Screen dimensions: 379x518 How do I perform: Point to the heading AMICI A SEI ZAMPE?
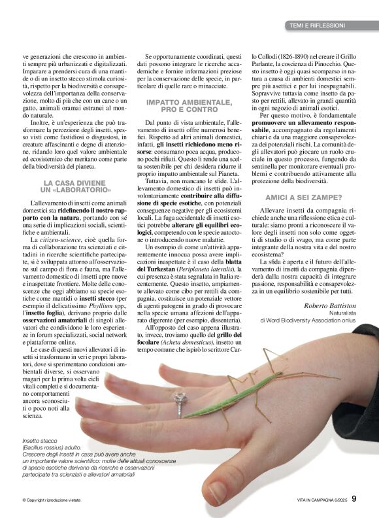point(303,197)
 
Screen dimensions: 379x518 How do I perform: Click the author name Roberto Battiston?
point(330,304)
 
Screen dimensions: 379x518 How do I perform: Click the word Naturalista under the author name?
point(339,313)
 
